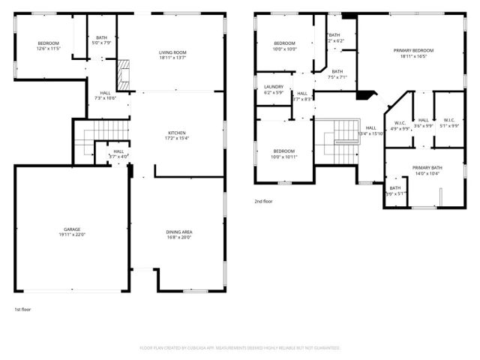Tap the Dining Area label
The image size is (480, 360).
pyautogui.click(x=179, y=234)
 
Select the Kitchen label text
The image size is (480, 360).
pyautogui.click(x=176, y=134)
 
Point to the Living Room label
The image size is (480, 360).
pyautogui.click(x=172, y=54)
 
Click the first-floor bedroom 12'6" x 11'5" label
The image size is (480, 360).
pyautogui.click(x=49, y=46)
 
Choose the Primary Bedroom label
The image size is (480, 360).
pyautogui.click(x=413, y=52)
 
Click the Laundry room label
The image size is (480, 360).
pyautogui.click(x=274, y=89)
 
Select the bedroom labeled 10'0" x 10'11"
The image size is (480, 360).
pyautogui.click(x=284, y=154)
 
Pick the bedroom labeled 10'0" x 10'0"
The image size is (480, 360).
pyautogui.click(x=285, y=46)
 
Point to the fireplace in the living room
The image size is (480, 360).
pyautogui.click(x=123, y=73)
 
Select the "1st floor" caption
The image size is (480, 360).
pyautogui.click(x=23, y=309)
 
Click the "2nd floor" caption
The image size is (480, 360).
pyautogui.click(x=263, y=201)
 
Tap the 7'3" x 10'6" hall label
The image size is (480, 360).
pyautogui.click(x=105, y=96)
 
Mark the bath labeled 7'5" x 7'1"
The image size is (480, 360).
pyautogui.click(x=337, y=74)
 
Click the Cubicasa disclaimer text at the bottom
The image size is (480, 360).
pyautogui.click(x=240, y=348)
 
